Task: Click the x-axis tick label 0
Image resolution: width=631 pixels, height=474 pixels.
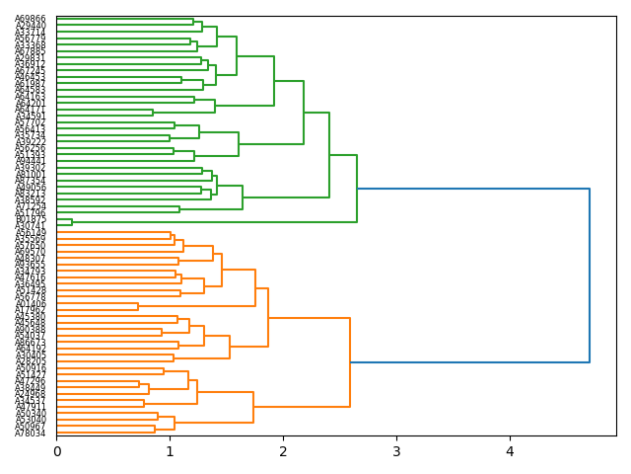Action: click(x=56, y=451)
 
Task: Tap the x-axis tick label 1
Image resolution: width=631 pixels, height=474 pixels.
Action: click(x=170, y=451)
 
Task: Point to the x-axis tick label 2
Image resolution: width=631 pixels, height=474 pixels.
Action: click(x=283, y=451)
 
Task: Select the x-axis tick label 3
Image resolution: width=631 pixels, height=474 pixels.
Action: click(x=396, y=451)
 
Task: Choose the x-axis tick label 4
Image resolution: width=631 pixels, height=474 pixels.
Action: click(x=510, y=451)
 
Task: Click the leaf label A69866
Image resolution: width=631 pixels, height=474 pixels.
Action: click(x=31, y=20)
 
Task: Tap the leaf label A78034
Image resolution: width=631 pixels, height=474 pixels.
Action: click(x=31, y=433)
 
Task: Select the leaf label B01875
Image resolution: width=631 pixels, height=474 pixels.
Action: click(x=31, y=219)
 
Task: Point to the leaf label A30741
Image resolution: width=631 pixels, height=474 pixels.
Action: click(x=31, y=226)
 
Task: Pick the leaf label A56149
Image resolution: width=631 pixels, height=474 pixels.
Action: click(x=31, y=232)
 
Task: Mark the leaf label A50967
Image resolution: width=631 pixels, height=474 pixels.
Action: click(x=31, y=427)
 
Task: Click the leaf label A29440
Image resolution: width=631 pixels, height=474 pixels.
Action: click(x=31, y=26)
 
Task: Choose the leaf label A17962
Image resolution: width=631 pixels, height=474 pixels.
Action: click(x=31, y=310)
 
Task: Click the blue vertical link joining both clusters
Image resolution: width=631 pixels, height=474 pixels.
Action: click(x=590, y=276)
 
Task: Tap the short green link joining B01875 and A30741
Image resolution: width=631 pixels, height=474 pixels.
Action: click(x=71, y=222)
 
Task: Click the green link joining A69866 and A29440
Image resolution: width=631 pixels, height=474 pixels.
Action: click(x=193, y=23)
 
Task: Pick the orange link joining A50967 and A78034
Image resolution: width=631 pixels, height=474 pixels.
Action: click(x=155, y=430)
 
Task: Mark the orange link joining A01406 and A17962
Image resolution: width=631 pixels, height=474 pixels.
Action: click(x=138, y=306)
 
